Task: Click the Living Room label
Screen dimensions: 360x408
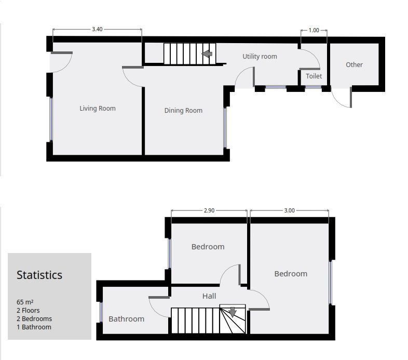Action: point(98,109)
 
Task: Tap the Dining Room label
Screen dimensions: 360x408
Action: point(183,111)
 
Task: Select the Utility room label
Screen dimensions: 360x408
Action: point(260,57)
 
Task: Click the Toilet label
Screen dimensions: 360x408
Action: point(314,76)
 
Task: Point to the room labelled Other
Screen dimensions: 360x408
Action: point(354,65)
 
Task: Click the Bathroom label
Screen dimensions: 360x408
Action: point(126,319)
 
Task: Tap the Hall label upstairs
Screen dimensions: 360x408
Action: point(209,296)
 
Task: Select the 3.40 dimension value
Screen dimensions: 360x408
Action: point(97,30)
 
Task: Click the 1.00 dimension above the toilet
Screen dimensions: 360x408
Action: point(314,31)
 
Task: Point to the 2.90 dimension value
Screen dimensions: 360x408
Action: point(209,211)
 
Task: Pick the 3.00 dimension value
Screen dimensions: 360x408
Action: point(289,211)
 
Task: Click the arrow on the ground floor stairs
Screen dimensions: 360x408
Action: point(207,54)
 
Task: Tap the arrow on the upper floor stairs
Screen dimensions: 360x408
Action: point(232,312)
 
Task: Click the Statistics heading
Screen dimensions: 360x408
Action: point(39,275)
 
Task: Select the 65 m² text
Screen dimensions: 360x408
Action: point(25,302)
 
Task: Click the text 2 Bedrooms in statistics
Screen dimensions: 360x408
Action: point(34,318)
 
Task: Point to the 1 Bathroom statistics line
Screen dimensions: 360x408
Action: point(34,327)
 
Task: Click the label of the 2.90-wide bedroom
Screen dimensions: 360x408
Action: point(208,247)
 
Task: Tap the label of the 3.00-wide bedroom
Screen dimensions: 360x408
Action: point(291,274)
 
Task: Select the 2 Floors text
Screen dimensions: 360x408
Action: point(28,310)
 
